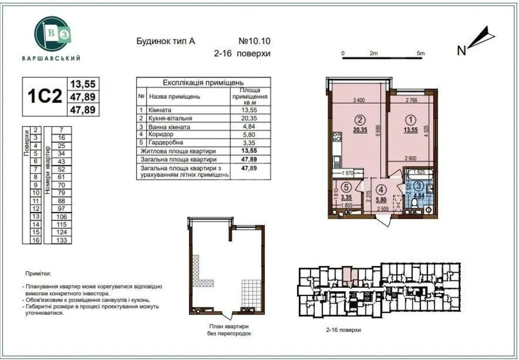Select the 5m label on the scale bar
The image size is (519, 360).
(x=420, y=53)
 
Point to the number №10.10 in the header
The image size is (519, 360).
(x=254, y=42)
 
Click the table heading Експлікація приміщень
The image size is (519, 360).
(x=203, y=82)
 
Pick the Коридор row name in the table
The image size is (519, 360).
(x=161, y=135)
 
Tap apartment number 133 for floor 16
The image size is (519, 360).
(x=61, y=240)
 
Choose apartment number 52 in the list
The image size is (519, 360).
(x=61, y=169)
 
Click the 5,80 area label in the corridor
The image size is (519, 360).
(x=381, y=200)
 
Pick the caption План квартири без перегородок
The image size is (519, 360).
(x=227, y=330)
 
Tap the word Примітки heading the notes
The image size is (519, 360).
(x=38, y=274)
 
